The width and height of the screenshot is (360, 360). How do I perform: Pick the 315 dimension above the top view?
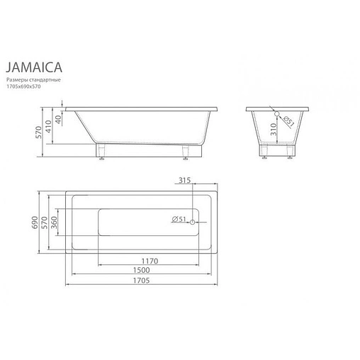click(x=186, y=180)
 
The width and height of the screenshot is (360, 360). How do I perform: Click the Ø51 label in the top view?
click(x=178, y=220)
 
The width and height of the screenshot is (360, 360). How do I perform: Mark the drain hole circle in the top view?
click(x=190, y=220)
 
